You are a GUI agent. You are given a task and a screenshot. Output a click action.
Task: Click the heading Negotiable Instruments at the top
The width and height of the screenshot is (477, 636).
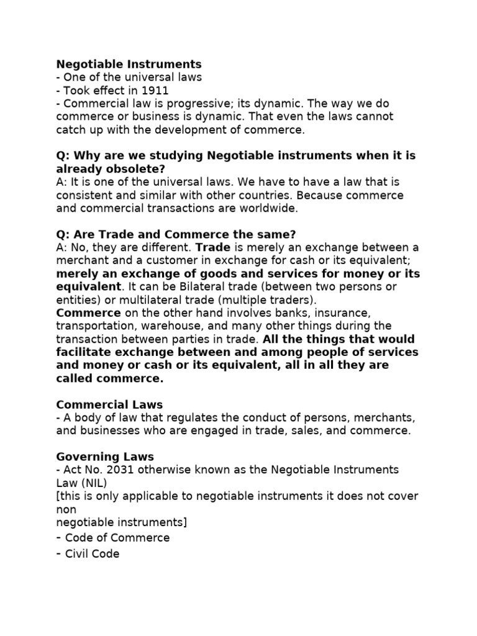tap(129, 64)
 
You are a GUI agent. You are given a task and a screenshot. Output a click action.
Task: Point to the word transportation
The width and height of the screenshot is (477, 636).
tap(94, 325)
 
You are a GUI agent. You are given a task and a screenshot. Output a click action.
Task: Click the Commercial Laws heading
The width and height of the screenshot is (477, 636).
tap(109, 404)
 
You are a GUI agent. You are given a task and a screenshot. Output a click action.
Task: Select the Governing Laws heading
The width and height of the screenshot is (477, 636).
tap(106, 457)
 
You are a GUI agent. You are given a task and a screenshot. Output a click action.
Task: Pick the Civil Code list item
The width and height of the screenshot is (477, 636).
tap(92, 553)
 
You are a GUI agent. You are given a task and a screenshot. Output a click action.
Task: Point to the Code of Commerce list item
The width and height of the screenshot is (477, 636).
tap(117, 537)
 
